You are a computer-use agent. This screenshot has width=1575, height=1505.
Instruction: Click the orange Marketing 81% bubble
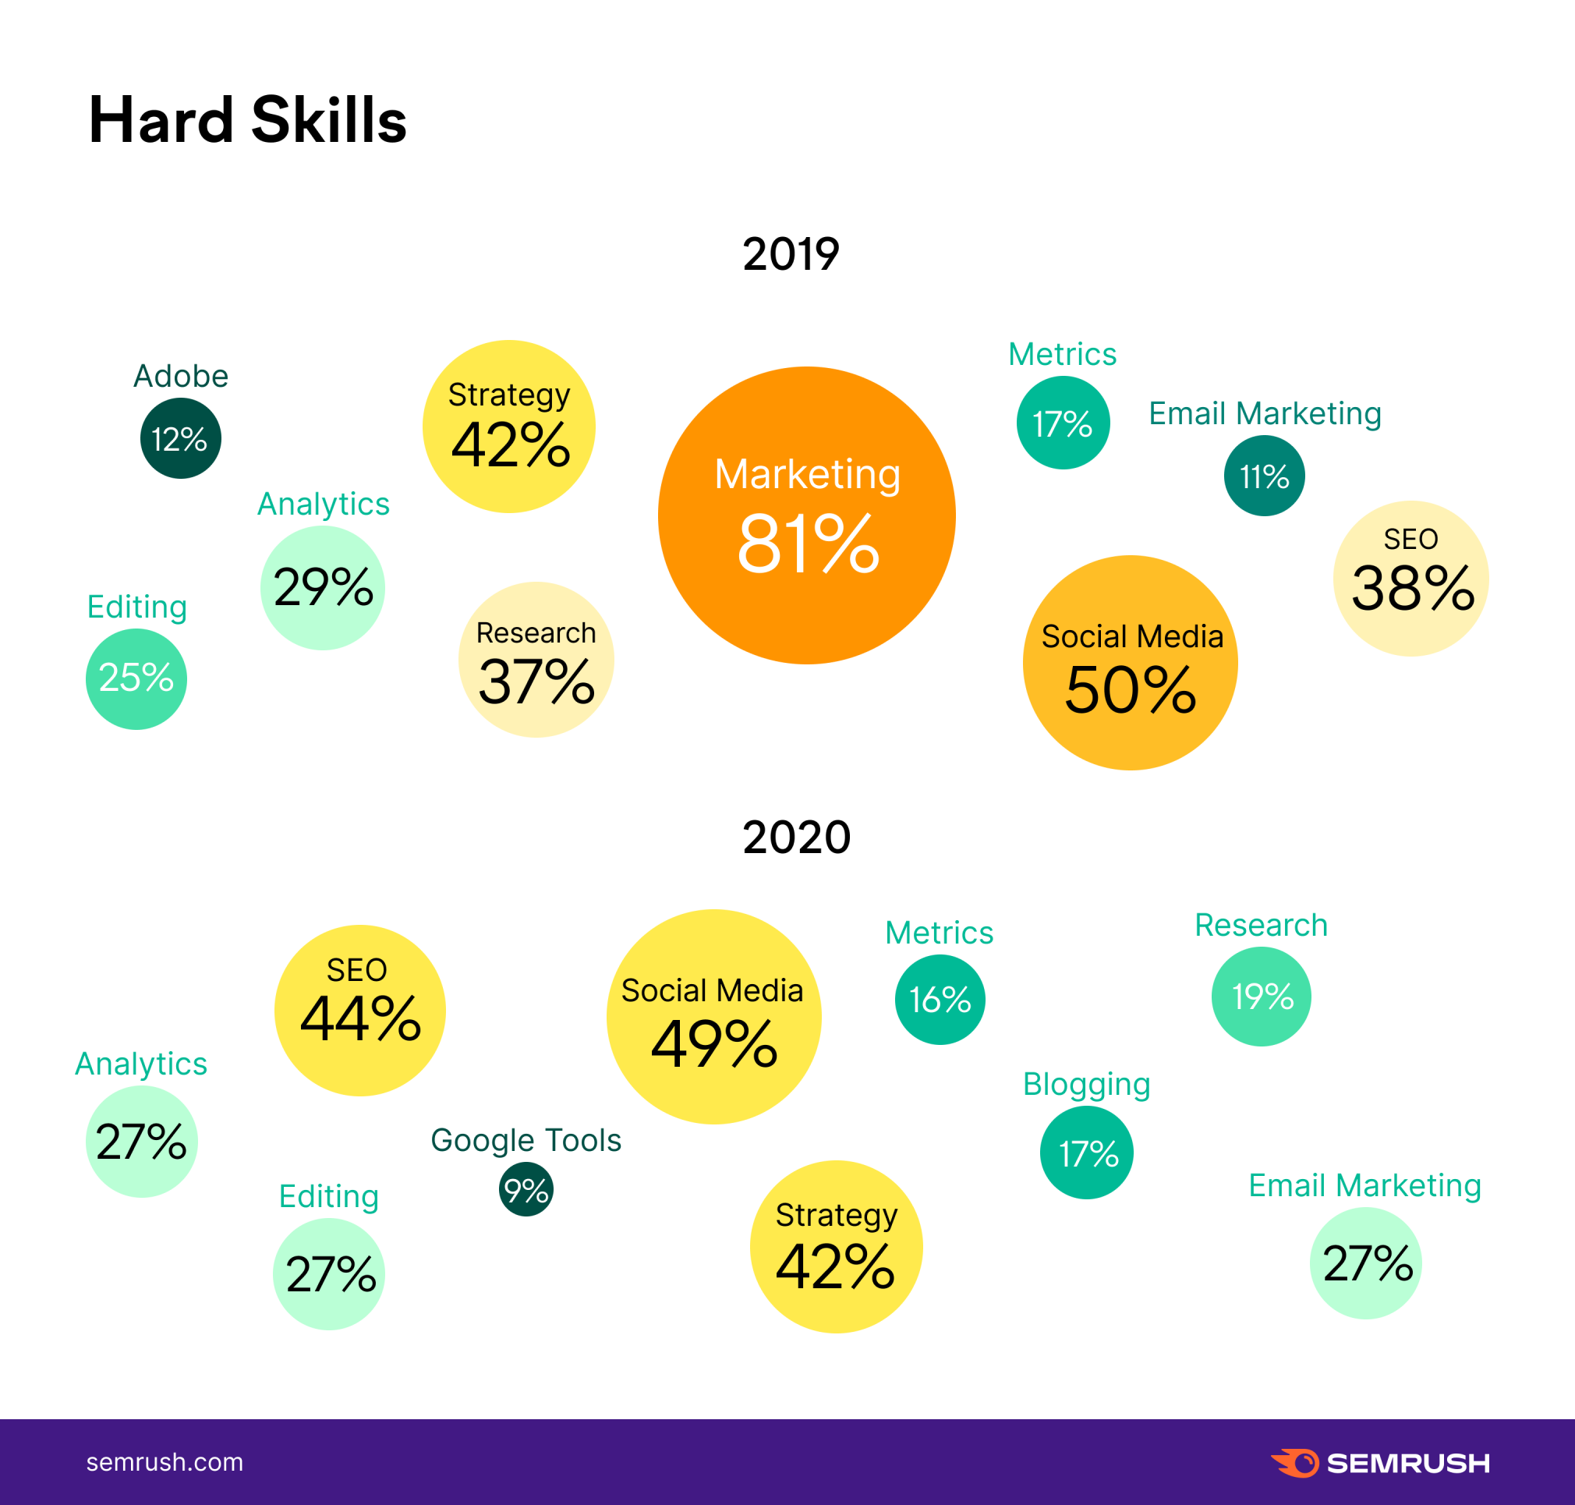tap(807, 515)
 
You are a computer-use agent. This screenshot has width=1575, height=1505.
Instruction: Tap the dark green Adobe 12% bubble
tap(180, 438)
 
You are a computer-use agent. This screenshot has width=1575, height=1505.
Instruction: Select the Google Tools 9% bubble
tap(526, 1190)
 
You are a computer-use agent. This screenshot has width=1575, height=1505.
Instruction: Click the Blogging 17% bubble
tap(1087, 1153)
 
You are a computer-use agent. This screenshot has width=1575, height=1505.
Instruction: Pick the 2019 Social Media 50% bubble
tap(1130, 663)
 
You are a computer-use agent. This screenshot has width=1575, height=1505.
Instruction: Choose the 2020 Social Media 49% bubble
tap(713, 1016)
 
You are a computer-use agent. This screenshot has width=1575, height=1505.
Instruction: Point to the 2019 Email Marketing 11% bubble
tap(1264, 476)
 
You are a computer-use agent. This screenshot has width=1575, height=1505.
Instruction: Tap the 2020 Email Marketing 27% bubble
tap(1366, 1262)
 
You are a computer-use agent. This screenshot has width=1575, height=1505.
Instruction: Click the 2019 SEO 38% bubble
tap(1410, 579)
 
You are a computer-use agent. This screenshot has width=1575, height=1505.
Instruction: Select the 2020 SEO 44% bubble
tap(359, 1010)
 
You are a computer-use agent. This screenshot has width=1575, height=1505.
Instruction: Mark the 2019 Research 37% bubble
tap(536, 660)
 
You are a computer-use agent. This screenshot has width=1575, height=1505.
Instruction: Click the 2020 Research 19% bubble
tap(1261, 997)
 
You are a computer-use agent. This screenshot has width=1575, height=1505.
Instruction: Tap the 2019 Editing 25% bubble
tap(136, 678)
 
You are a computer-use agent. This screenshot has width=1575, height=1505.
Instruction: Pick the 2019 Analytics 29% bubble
tap(322, 587)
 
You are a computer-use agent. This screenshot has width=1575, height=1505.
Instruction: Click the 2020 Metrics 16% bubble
tap(940, 1000)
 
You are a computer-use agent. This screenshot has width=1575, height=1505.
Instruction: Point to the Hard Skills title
tap(247, 120)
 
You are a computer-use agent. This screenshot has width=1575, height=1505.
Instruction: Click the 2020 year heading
tap(795, 837)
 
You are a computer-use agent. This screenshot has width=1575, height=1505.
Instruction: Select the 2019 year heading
tap(791, 254)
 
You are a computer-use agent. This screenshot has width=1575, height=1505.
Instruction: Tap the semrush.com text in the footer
tap(165, 1462)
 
